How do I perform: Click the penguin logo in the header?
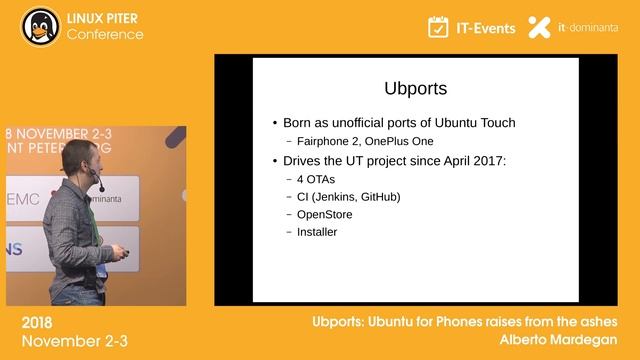(39, 27)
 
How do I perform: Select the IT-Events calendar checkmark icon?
(438, 27)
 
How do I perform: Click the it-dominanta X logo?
(539, 27)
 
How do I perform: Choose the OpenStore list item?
(328, 214)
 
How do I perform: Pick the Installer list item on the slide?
(317, 232)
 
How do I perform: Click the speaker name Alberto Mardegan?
(558, 340)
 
